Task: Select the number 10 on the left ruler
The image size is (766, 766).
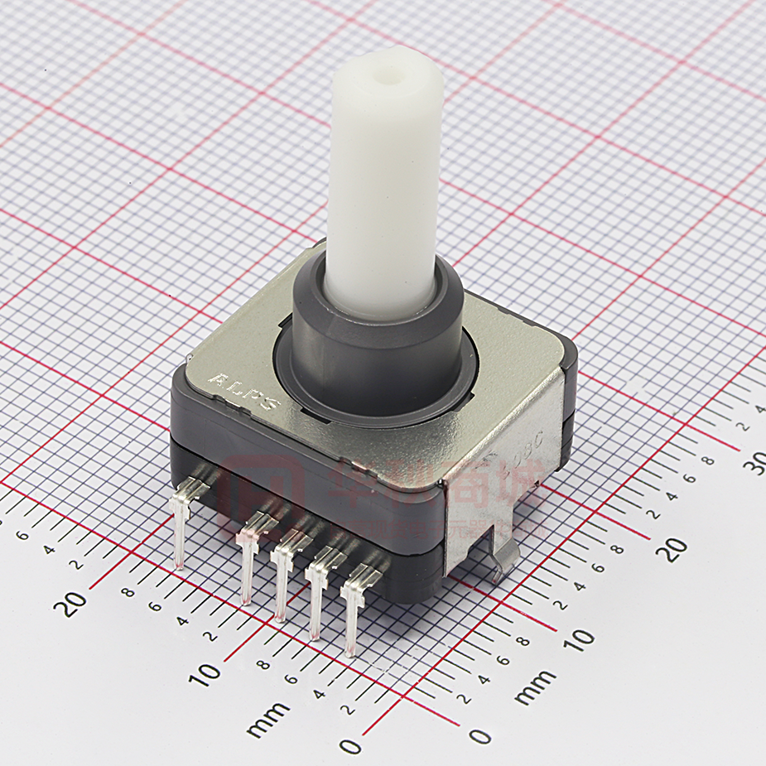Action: [x=205, y=673]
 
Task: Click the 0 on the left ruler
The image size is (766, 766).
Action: [x=350, y=745]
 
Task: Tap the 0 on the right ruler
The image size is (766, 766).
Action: [x=479, y=735]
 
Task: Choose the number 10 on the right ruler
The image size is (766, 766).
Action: [x=582, y=638]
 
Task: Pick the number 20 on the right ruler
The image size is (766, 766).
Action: [x=676, y=547]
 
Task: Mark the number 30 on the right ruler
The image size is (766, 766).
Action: [x=753, y=465]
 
